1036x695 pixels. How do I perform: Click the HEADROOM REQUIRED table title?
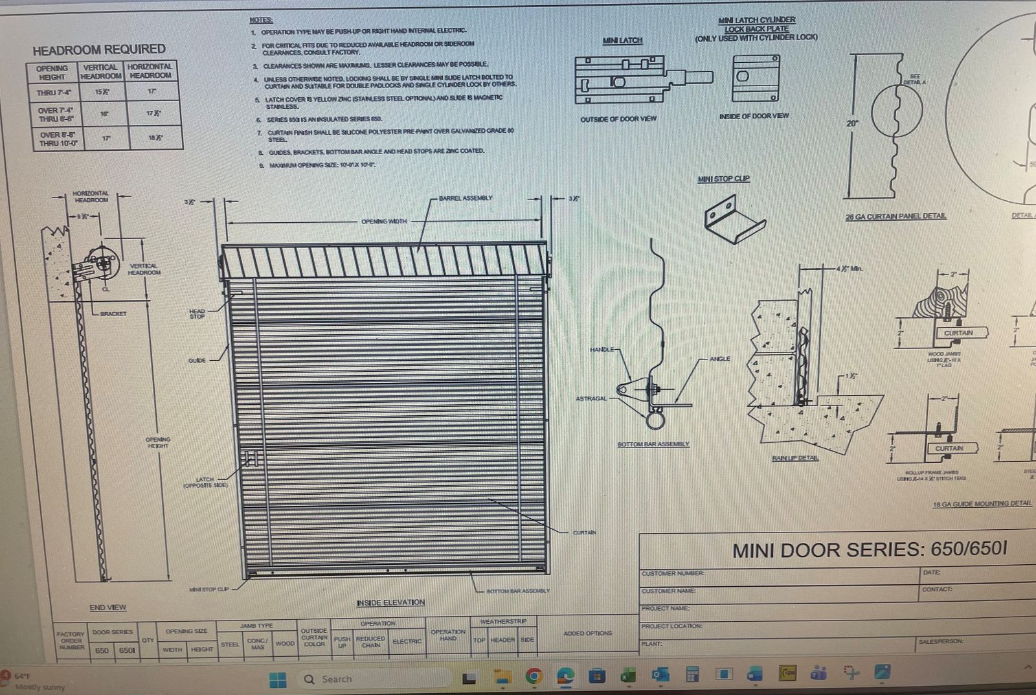click(x=99, y=49)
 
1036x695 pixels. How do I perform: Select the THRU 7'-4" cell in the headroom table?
click(x=54, y=93)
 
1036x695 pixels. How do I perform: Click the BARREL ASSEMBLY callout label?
click(x=466, y=198)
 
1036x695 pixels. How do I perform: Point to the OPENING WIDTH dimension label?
click(x=384, y=222)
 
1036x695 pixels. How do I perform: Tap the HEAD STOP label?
click(x=197, y=313)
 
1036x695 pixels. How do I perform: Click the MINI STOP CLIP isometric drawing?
click(x=734, y=219)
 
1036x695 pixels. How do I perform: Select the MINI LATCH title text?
click(x=622, y=41)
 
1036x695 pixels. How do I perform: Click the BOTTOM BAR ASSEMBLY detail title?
click(x=653, y=444)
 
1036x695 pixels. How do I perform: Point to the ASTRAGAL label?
click(x=591, y=398)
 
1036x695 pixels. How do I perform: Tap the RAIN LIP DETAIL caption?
click(x=795, y=458)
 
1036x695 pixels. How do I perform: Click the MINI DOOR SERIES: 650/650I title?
click(x=869, y=550)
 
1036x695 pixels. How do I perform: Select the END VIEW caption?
click(x=107, y=608)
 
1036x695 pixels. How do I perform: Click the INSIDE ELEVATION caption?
click(x=390, y=602)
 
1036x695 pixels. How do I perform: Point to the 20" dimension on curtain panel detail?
click(x=853, y=123)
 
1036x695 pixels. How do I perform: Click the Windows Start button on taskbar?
click(x=278, y=679)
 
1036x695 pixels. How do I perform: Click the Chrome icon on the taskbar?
click(x=534, y=677)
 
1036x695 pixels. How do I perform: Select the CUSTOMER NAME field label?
click(x=668, y=591)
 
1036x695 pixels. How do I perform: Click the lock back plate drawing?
click(x=756, y=78)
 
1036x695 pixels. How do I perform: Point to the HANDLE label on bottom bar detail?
click(x=602, y=350)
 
